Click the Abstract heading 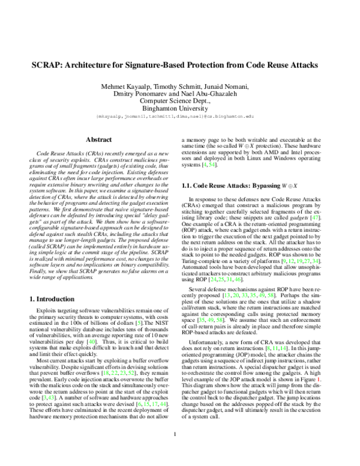coord(98,139)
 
